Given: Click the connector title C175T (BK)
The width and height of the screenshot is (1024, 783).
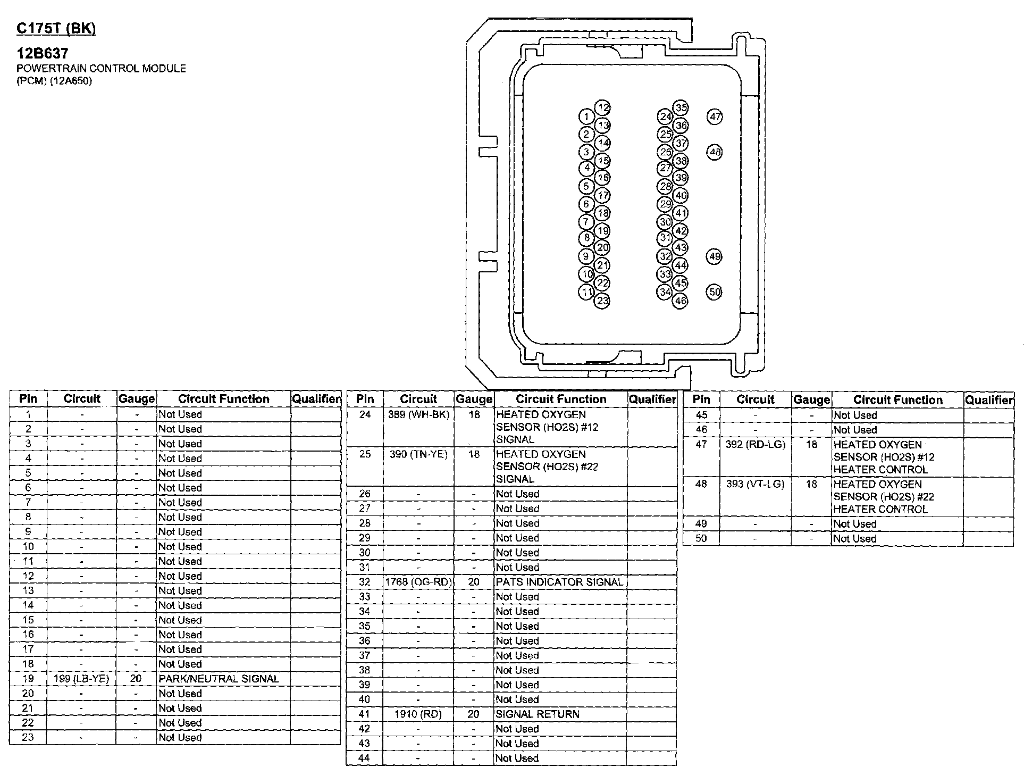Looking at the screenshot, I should tap(56, 28).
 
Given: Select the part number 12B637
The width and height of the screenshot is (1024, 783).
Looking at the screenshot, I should tap(43, 53).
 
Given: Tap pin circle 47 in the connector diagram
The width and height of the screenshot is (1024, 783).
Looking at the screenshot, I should tap(715, 117).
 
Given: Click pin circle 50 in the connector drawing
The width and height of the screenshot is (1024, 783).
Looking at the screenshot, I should tap(715, 291).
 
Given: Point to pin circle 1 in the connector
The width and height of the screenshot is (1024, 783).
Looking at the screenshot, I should tap(586, 117).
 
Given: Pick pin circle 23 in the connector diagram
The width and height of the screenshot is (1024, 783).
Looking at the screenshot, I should tap(602, 301).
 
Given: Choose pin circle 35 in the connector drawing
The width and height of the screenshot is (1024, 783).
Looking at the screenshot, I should tap(681, 108).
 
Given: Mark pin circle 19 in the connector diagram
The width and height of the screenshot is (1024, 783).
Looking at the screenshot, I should tap(602, 231).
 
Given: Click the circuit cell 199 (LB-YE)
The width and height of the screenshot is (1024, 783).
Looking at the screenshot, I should tap(81, 679).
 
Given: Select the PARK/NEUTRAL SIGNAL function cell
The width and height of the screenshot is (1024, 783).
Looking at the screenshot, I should tap(219, 679).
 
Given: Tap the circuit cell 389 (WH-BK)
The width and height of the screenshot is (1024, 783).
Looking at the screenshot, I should tap(419, 414).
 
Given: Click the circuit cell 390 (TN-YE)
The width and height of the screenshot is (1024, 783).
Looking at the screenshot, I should tap(419, 454).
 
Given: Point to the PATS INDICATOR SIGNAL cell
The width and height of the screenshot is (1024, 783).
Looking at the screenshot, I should tap(559, 582).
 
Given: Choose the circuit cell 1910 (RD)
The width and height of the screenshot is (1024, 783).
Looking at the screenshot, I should tap(418, 714).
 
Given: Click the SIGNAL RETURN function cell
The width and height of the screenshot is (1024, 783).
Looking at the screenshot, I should tap(538, 714).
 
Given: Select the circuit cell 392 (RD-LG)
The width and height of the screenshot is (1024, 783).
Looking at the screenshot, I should tap(756, 444).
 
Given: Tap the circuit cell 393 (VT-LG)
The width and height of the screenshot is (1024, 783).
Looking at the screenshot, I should tap(756, 484).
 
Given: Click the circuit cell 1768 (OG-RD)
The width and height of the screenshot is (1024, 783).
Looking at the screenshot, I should tap(419, 582).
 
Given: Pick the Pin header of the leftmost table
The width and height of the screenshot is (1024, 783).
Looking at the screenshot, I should tap(28, 399).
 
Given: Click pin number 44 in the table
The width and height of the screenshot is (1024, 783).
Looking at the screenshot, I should tap(364, 758).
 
